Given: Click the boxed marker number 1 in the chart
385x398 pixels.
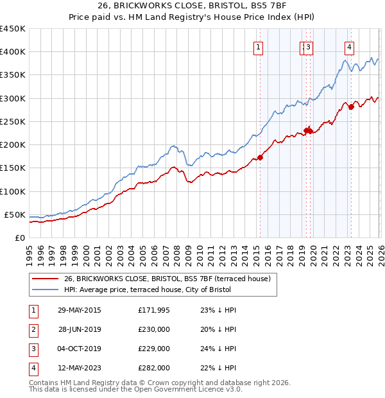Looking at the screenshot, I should point(258,46).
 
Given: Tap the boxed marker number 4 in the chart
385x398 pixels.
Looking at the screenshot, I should point(349,46).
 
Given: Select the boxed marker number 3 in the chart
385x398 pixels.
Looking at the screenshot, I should point(309,46).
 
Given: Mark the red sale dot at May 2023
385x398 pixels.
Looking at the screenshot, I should point(351,107).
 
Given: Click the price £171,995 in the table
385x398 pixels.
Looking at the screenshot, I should point(153,310).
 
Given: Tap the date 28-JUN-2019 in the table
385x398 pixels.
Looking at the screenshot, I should point(80,329).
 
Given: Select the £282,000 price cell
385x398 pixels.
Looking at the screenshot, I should point(153,368).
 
